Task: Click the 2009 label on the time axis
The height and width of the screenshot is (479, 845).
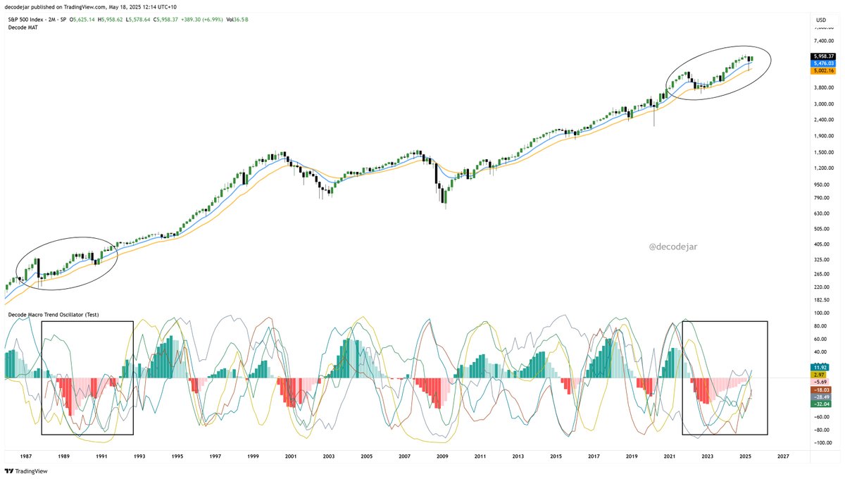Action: click(443, 456)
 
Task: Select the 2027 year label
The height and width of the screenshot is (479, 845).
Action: click(783, 456)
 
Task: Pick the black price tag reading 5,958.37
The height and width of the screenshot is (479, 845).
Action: click(823, 56)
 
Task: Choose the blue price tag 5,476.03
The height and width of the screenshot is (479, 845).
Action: click(823, 63)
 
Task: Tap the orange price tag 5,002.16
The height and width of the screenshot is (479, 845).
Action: click(823, 70)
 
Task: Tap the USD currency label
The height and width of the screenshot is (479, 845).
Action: click(821, 19)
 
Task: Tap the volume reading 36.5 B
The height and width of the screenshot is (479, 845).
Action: click(239, 19)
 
